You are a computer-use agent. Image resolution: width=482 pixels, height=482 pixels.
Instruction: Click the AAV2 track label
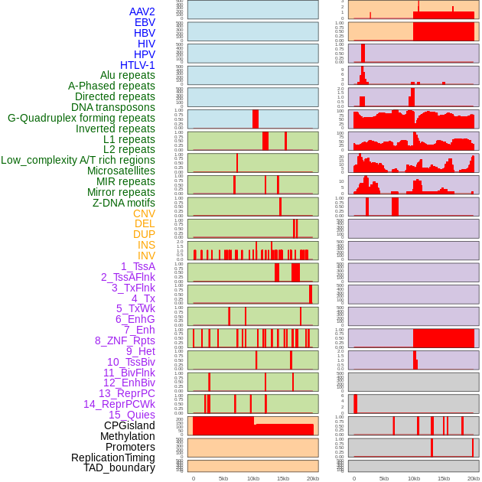(142, 11)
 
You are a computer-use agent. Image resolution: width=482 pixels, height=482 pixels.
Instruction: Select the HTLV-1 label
(137, 65)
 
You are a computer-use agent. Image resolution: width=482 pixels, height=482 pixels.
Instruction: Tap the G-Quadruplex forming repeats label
(81, 118)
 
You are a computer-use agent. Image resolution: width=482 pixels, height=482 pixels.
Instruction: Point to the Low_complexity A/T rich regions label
(77, 160)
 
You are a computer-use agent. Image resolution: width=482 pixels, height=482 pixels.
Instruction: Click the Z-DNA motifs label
(123, 203)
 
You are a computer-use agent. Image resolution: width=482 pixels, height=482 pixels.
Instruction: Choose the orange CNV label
(144, 213)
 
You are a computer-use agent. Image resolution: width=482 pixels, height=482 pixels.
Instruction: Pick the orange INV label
(145, 256)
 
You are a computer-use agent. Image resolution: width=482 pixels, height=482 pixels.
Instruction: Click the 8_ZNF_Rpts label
(125, 340)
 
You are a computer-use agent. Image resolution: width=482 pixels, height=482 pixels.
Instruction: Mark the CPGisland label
(129, 425)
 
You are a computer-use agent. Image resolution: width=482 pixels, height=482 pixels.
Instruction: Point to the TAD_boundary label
(119, 467)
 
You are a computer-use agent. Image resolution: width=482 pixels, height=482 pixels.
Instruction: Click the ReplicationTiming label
(112, 458)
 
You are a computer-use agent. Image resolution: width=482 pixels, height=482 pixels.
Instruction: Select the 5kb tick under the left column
(223, 478)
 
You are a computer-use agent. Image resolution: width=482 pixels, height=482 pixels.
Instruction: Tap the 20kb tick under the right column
(473, 478)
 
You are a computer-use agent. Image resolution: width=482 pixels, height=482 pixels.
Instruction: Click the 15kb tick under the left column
(283, 478)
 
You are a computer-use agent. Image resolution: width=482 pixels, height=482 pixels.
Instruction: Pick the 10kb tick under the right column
(413, 478)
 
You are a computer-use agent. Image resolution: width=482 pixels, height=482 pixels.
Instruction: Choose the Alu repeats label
(127, 75)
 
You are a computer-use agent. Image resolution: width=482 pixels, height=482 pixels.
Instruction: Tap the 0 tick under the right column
(353, 478)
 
